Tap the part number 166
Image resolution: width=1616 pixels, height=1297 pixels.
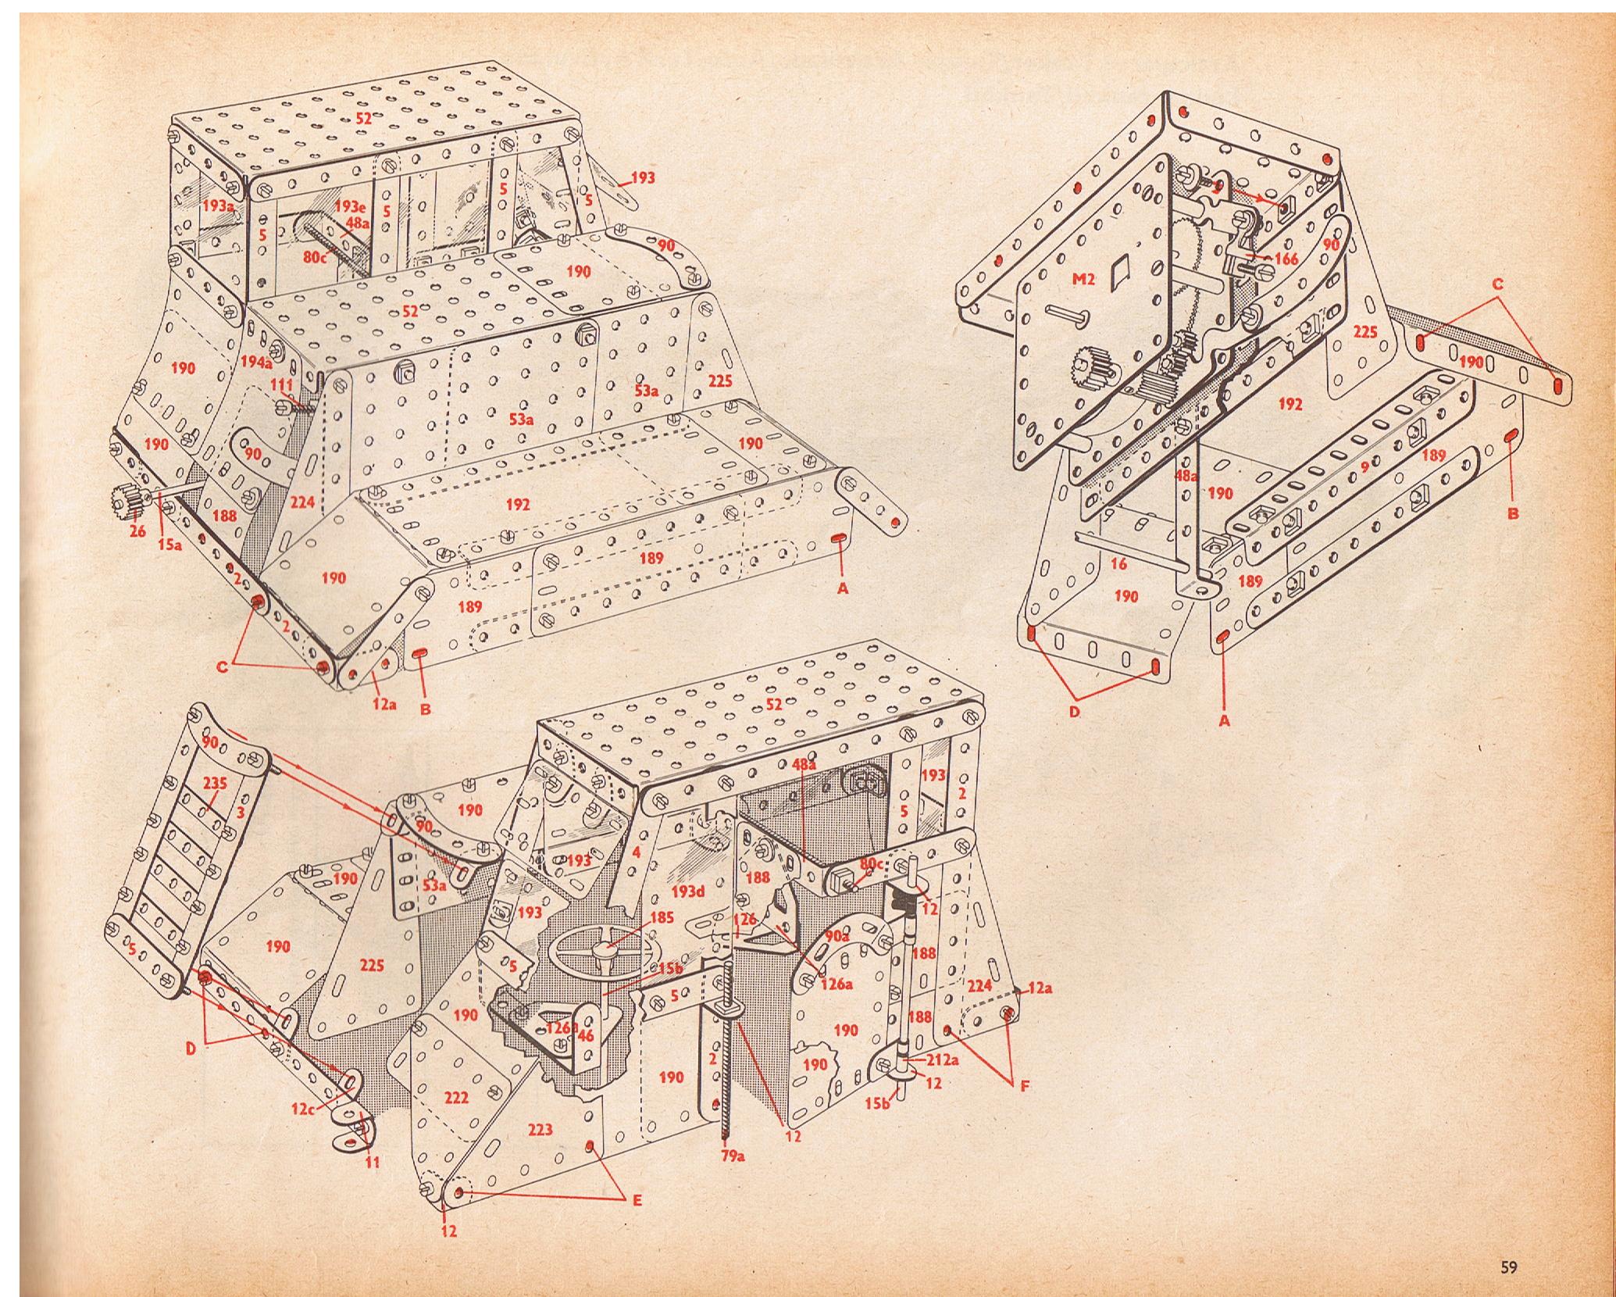[x=1285, y=259]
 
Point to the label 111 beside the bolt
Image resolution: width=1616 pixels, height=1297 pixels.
[x=280, y=386]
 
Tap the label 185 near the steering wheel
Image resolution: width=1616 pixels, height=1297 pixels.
[x=661, y=917]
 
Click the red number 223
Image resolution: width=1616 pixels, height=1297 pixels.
[x=540, y=1129]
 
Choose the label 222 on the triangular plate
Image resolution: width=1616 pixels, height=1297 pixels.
[x=456, y=1098]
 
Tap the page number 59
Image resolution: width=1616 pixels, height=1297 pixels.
[x=1508, y=1246]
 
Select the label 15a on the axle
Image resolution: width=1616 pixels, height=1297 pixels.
[x=169, y=545]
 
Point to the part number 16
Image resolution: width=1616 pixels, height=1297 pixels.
[x=1118, y=563]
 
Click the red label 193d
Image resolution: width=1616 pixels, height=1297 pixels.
[x=689, y=891]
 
